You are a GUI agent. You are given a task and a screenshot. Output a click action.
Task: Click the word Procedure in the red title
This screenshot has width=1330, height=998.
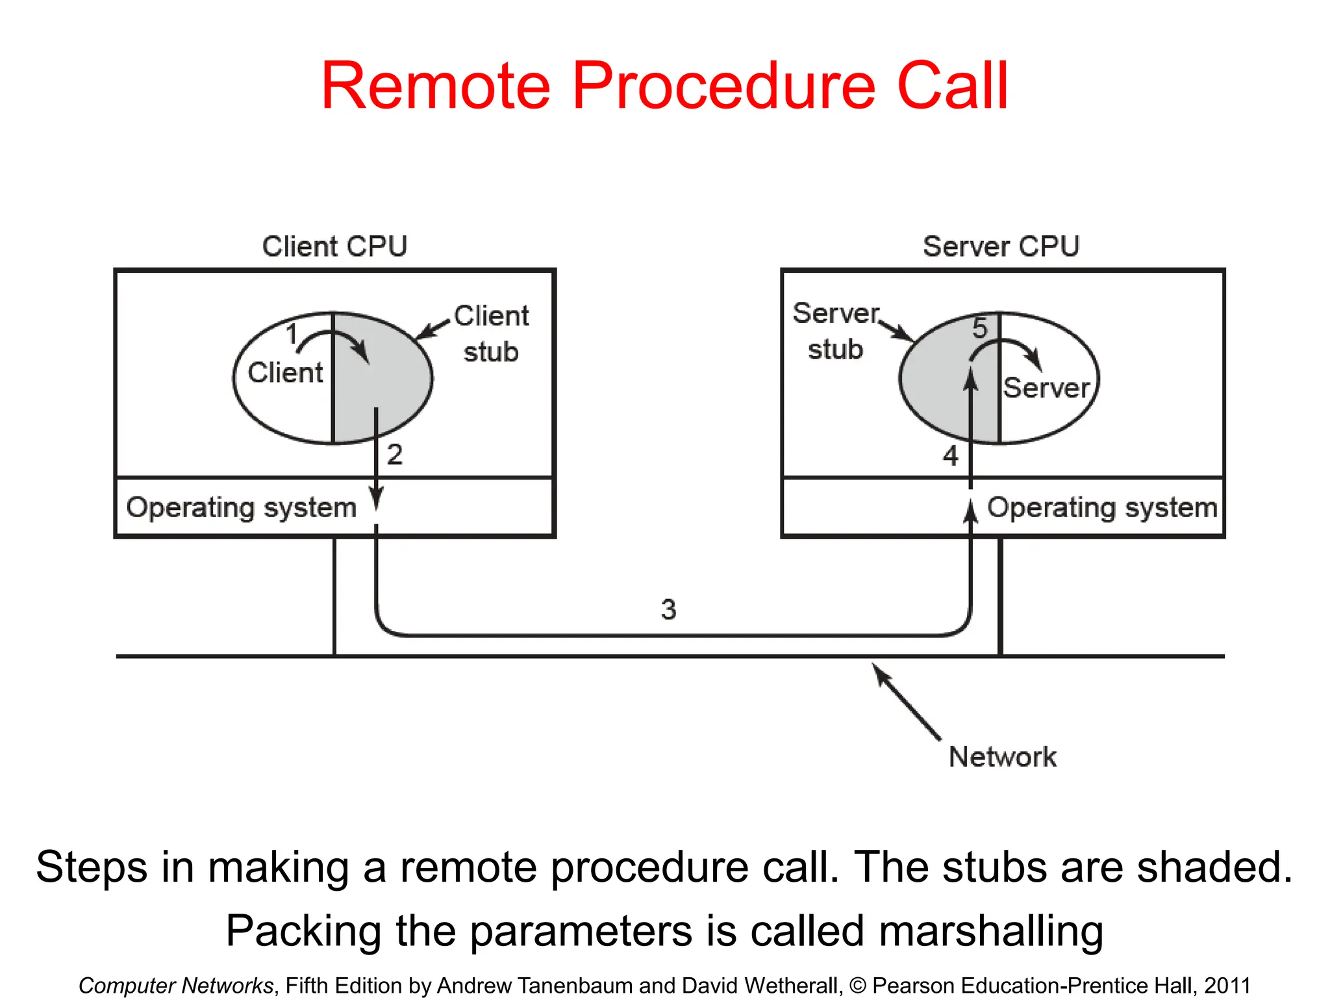click(x=723, y=86)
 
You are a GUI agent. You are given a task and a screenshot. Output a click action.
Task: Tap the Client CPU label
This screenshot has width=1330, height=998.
click(x=334, y=247)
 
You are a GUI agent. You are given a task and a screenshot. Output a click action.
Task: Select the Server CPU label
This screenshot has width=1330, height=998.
click(x=1001, y=247)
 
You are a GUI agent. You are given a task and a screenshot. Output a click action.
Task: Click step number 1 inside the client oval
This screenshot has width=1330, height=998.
click(x=292, y=335)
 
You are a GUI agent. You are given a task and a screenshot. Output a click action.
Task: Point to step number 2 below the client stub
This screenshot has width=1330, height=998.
click(x=395, y=454)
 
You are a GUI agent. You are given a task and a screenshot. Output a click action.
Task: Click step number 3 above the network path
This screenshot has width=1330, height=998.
click(x=668, y=609)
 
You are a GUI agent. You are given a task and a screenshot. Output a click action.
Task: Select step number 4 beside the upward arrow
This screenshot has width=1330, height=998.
click(x=950, y=455)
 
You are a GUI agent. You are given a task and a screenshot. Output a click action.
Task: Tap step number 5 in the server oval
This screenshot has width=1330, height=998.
click(x=979, y=328)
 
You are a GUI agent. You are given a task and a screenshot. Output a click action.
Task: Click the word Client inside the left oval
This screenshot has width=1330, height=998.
click(x=285, y=373)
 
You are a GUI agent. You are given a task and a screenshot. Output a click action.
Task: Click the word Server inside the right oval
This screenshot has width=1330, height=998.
click(x=1046, y=388)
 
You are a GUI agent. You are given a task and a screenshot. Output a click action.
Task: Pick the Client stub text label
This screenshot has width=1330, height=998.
click(x=491, y=334)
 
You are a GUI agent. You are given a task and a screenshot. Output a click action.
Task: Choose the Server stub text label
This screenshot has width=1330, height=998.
click(x=836, y=331)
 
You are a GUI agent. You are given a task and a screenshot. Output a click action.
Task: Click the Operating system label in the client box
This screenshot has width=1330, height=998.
click(x=242, y=507)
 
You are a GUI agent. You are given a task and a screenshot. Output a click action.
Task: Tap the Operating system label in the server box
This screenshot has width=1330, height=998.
click(x=1102, y=507)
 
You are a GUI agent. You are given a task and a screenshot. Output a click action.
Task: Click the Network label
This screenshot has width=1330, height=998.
click(x=1002, y=757)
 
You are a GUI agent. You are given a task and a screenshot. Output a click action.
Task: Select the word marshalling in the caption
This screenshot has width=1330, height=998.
click(x=991, y=930)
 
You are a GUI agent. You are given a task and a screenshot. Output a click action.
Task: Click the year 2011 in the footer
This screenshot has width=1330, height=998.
click(x=1227, y=986)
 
